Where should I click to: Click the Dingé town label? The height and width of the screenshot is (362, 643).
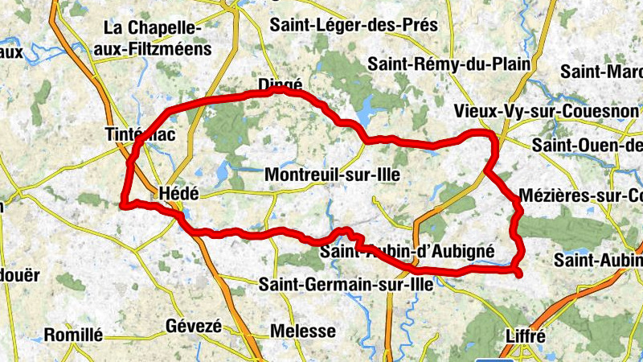tap(280, 84)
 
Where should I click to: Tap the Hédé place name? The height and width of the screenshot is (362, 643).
tap(178, 193)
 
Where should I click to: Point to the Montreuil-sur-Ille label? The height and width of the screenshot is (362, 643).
tap(332, 175)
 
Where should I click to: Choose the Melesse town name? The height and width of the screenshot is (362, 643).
tap(303, 331)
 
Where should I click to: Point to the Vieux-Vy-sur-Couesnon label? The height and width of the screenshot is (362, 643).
tap(546, 111)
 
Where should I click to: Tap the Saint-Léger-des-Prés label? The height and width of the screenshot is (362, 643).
tap(354, 25)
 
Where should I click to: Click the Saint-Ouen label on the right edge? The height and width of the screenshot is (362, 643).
tap(588, 146)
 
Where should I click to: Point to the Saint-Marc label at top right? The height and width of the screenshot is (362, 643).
tap(602, 71)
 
